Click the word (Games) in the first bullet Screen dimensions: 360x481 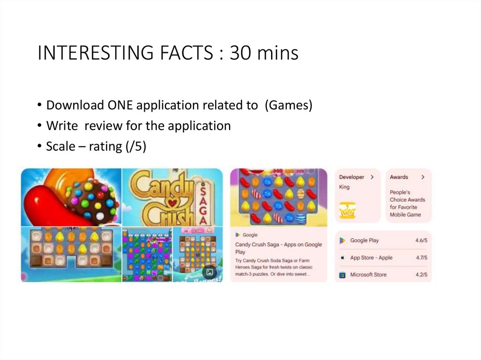(288, 105)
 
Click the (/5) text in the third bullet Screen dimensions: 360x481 (136, 146)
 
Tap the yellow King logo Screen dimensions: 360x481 (347, 211)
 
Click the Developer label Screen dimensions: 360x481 (352, 177)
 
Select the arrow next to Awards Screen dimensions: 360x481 (423, 177)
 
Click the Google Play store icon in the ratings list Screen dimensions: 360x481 (342, 240)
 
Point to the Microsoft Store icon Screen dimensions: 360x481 (342, 275)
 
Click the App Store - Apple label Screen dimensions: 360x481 (371, 258)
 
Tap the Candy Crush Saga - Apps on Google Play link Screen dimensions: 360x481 (278, 248)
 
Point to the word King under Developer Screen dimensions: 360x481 (344, 187)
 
